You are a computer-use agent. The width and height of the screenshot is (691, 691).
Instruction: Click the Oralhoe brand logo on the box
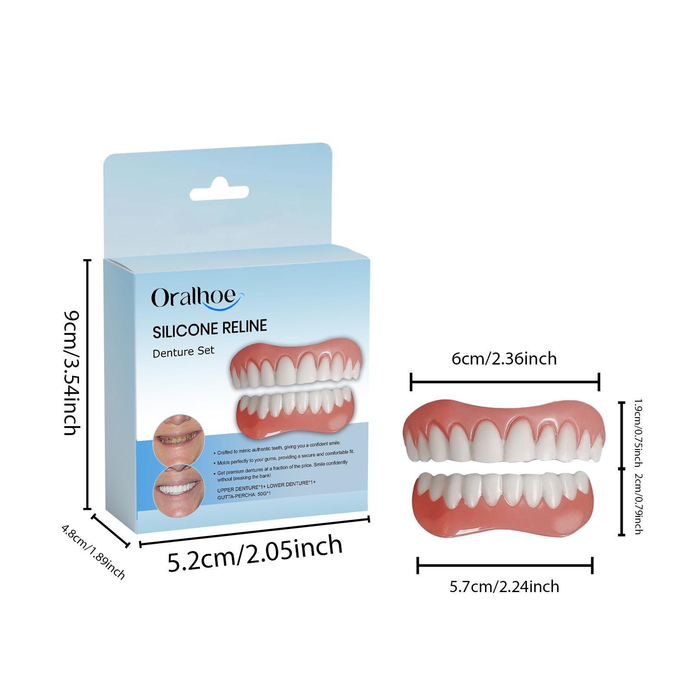coord(197,298)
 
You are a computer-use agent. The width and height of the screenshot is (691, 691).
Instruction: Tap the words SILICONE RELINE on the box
coord(210,329)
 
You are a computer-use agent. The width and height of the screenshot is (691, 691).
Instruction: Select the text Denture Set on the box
coord(184,352)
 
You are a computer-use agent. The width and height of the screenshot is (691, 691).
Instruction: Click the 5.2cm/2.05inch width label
coord(255,554)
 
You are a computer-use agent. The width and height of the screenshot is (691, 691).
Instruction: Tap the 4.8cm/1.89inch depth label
coord(93,552)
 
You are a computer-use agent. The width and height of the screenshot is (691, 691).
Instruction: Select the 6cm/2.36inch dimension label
coord(504,359)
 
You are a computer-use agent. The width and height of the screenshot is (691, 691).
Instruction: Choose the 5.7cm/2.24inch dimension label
coord(504,587)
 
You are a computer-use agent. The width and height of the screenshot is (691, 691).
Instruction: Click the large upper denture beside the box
coord(504,432)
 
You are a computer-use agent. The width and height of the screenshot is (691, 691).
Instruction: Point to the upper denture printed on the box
coord(296,363)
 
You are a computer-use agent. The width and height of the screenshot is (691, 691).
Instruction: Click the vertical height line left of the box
coord(88,384)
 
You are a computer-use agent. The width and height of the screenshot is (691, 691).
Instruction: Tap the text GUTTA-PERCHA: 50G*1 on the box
coord(244,495)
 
